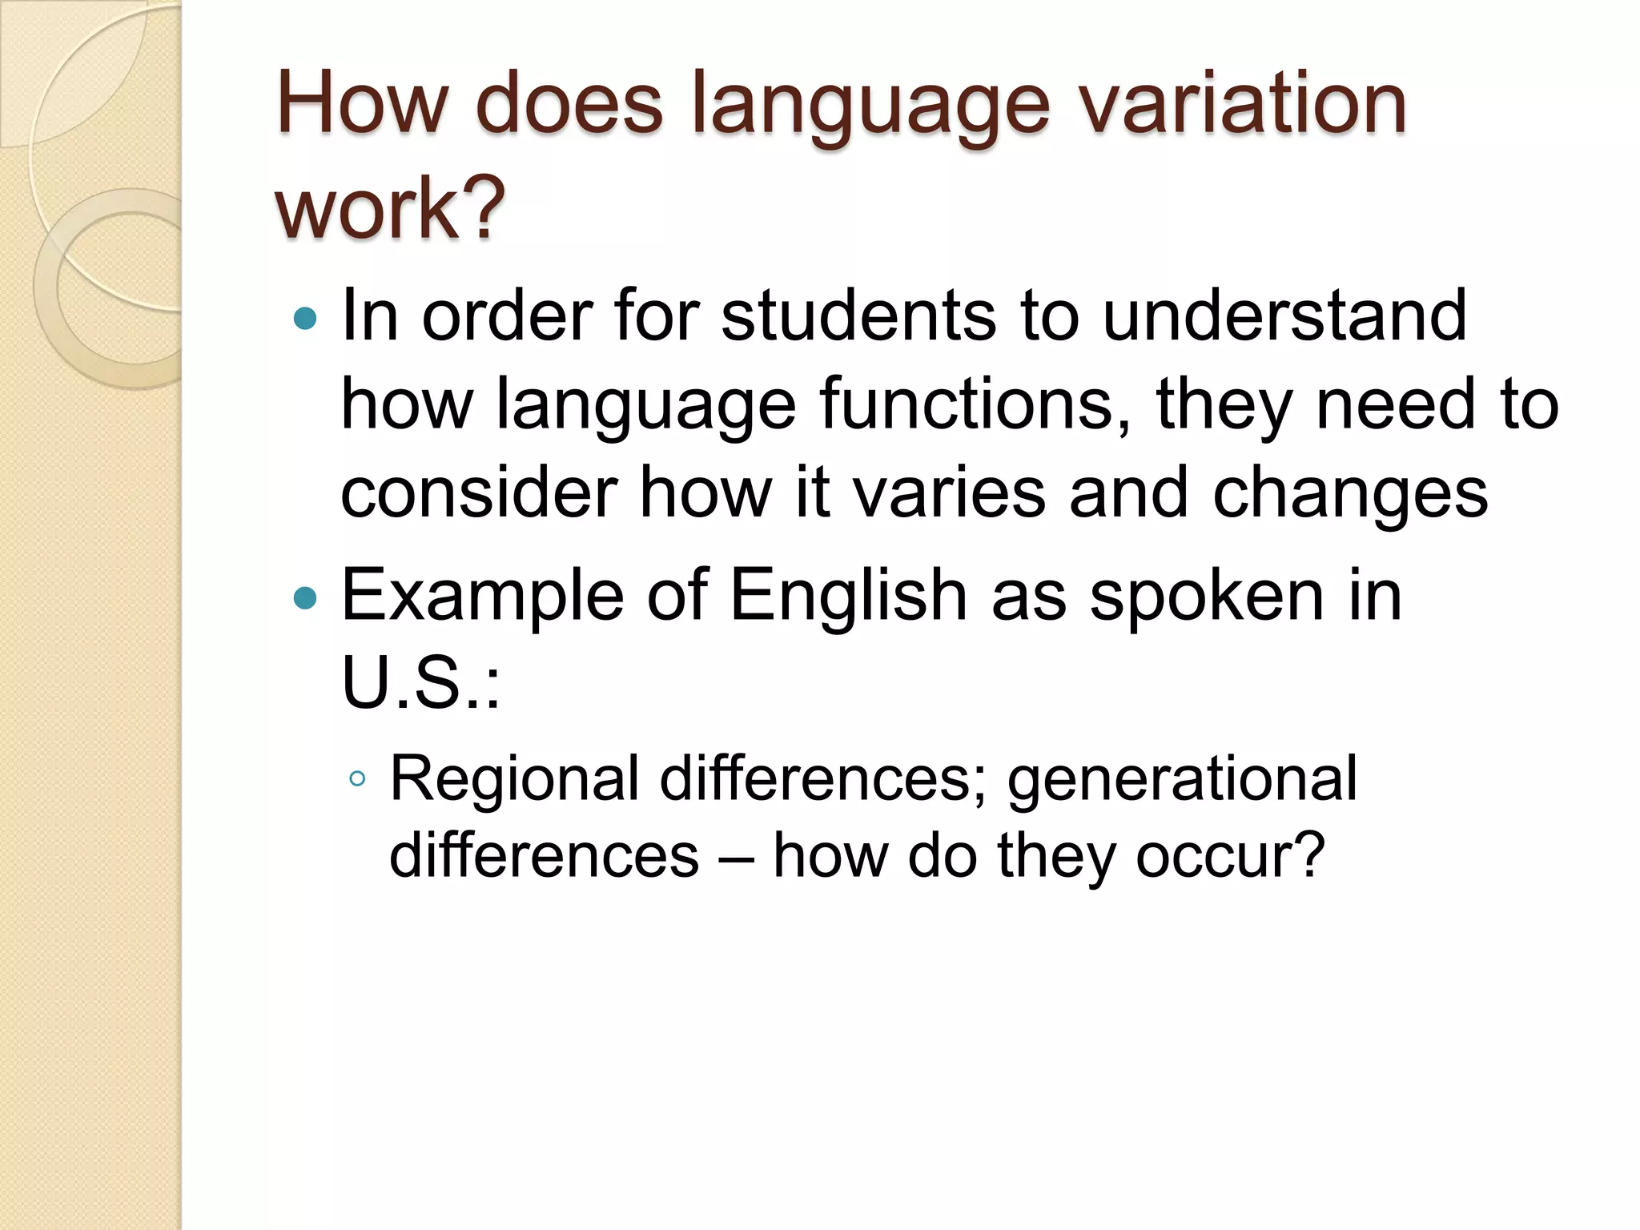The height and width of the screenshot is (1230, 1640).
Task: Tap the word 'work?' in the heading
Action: (390, 208)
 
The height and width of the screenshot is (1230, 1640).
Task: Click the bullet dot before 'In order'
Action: (306, 320)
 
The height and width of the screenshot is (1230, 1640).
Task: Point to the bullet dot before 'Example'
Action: (306, 597)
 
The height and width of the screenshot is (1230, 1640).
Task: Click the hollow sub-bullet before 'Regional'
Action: (358, 778)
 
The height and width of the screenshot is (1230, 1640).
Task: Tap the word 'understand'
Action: (1284, 316)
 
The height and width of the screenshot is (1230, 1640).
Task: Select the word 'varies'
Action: (950, 492)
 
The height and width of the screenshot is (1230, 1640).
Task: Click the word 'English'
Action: (849, 597)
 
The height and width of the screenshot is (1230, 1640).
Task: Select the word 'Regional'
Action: (513, 779)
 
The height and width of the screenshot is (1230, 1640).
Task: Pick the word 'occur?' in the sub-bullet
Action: (1230, 856)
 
